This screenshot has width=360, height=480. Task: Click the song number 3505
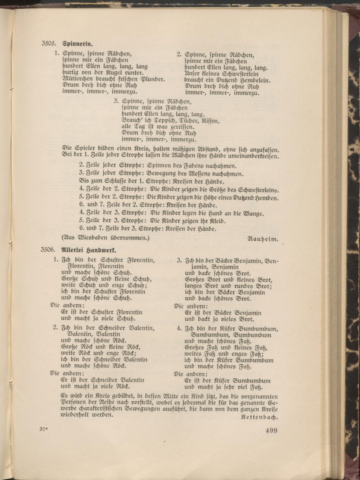(x=48, y=44)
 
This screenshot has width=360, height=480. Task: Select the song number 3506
(x=48, y=249)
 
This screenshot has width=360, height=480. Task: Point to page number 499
(x=271, y=430)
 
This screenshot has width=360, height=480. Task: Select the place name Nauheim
(x=263, y=239)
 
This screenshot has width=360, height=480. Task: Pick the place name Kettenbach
(x=260, y=418)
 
